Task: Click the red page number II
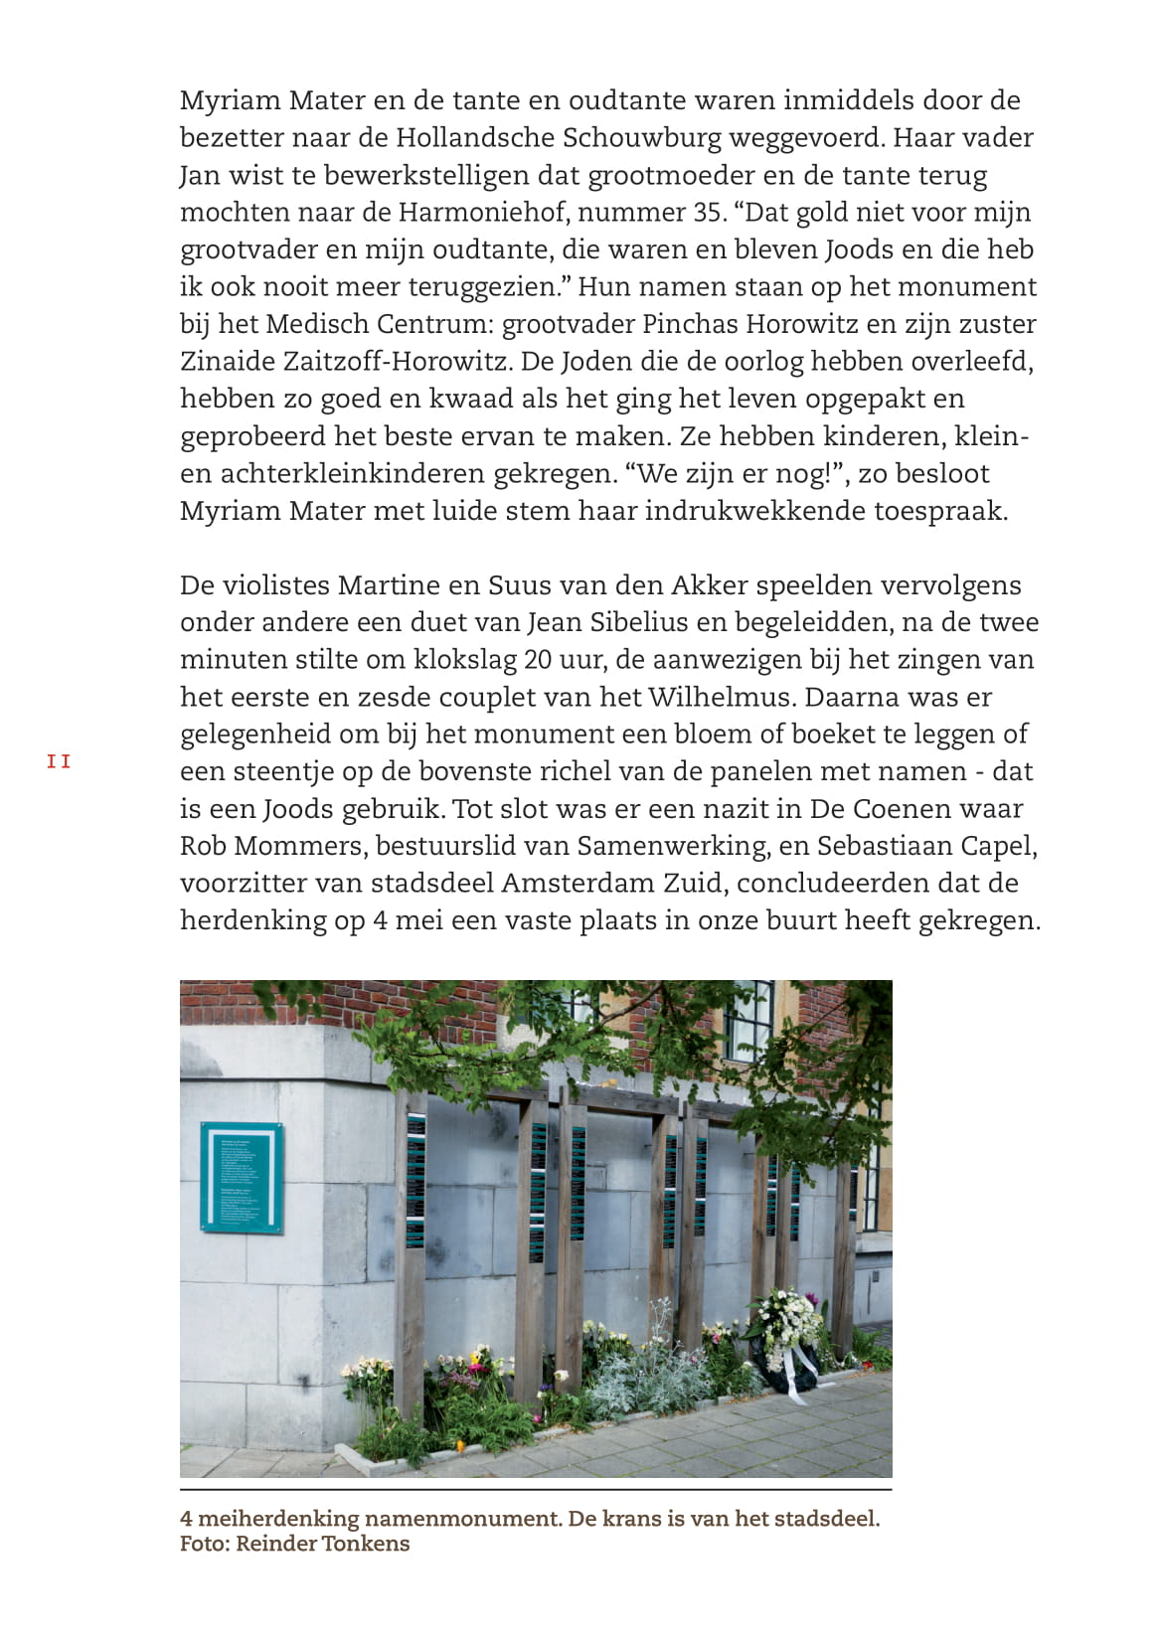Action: tap(59, 762)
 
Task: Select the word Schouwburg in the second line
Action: tap(641, 137)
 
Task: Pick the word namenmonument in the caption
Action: tap(460, 1519)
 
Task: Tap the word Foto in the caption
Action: tap(202, 1544)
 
